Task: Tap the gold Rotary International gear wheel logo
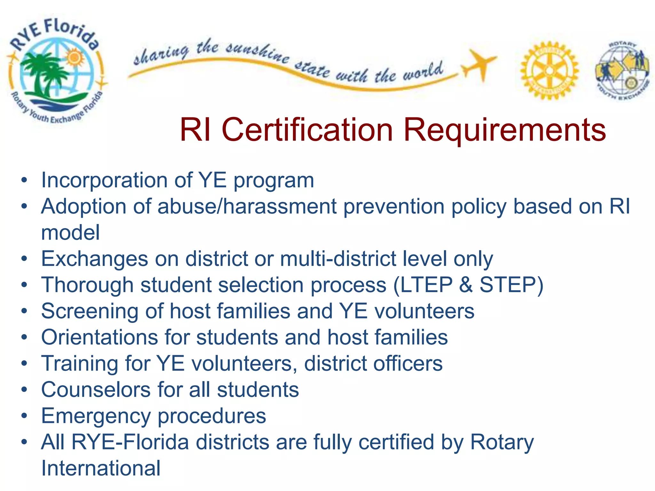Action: pos(549,70)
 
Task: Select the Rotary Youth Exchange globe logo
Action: pos(622,71)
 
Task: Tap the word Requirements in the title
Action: pos(504,129)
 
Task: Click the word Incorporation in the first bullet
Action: pos(104,180)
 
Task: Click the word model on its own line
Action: pos(70,232)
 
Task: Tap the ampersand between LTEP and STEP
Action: pos(466,285)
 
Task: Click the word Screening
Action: pos(90,311)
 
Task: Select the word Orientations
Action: pos(99,337)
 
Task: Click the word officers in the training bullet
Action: pos(408,363)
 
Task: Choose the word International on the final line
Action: pos(101,468)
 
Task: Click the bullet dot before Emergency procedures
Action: pos(24,416)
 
